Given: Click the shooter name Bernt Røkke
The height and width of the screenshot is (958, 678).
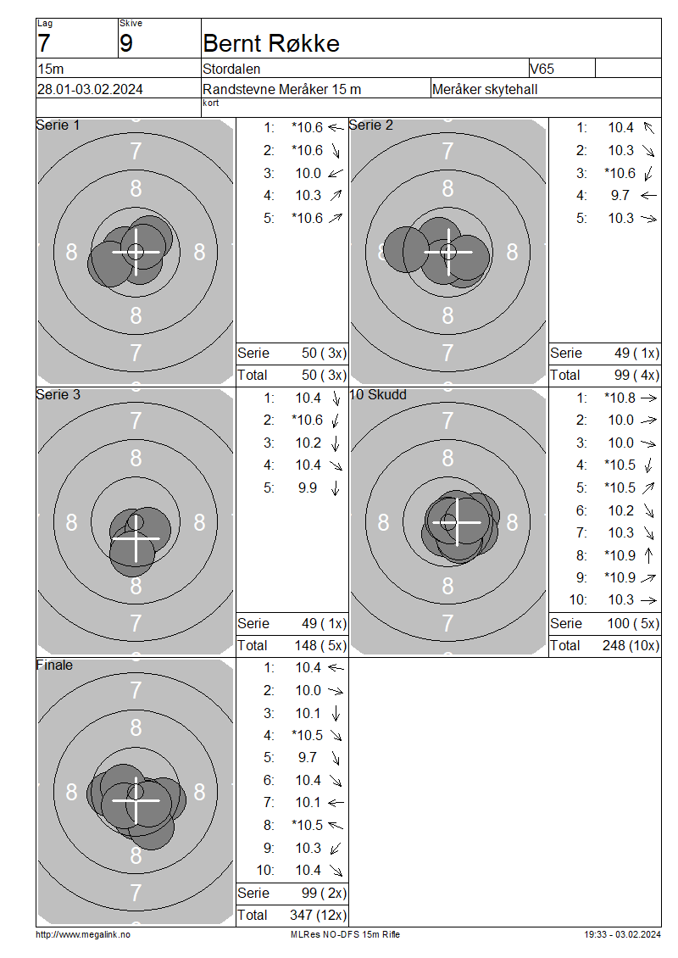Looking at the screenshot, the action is point(271,43).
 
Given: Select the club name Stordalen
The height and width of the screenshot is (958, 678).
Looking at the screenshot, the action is point(231,69).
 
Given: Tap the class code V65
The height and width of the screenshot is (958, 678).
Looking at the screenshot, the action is point(542,69).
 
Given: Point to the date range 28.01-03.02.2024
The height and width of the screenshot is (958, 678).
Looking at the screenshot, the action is point(90,89).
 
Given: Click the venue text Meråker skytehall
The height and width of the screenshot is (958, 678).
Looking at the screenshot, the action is point(485,89).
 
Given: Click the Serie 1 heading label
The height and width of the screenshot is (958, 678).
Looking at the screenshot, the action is point(58,125).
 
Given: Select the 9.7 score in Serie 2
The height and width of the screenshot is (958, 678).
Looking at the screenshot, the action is point(620,196).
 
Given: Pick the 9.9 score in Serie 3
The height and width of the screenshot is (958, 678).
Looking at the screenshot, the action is point(308,488).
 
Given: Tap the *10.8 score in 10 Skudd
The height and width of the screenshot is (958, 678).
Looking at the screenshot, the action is point(620,398).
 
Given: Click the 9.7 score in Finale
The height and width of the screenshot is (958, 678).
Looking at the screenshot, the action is point(308,758).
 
